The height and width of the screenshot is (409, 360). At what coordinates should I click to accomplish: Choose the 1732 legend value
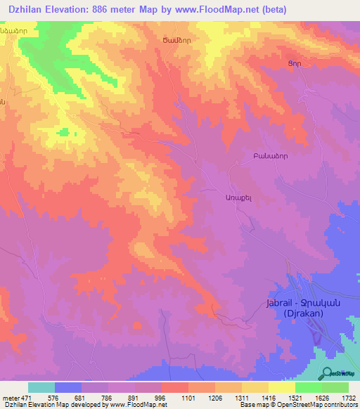point(348,398)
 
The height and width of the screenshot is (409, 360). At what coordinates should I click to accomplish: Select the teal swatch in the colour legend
point(41,387)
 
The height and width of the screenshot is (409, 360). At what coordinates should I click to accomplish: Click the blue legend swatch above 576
point(68,387)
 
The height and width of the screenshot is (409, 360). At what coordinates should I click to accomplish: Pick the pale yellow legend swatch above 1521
point(281,387)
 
